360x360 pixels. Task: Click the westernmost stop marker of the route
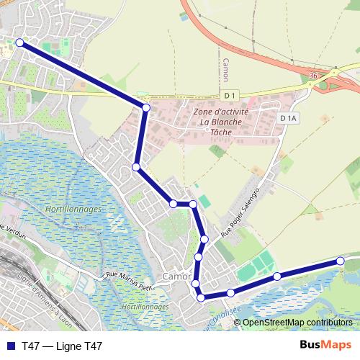pyautogui.click(x=19, y=43)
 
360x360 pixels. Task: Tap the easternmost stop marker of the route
pyautogui.click(x=341, y=261)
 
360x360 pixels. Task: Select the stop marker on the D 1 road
pyautogui.click(x=145, y=108)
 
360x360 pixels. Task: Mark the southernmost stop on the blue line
pyautogui.click(x=201, y=297)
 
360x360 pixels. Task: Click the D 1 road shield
pyautogui.click(x=230, y=96)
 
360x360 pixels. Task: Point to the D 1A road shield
pyautogui.click(x=288, y=118)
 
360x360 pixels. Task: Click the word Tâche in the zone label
pyautogui.click(x=220, y=132)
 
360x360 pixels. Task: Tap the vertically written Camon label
pyautogui.click(x=225, y=70)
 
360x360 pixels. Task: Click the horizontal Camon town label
pyautogui.click(x=176, y=276)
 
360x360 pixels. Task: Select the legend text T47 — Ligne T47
pyautogui.click(x=62, y=346)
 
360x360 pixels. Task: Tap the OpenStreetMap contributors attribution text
pyautogui.click(x=297, y=323)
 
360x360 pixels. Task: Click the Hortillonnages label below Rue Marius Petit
pyautogui.click(x=145, y=307)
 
